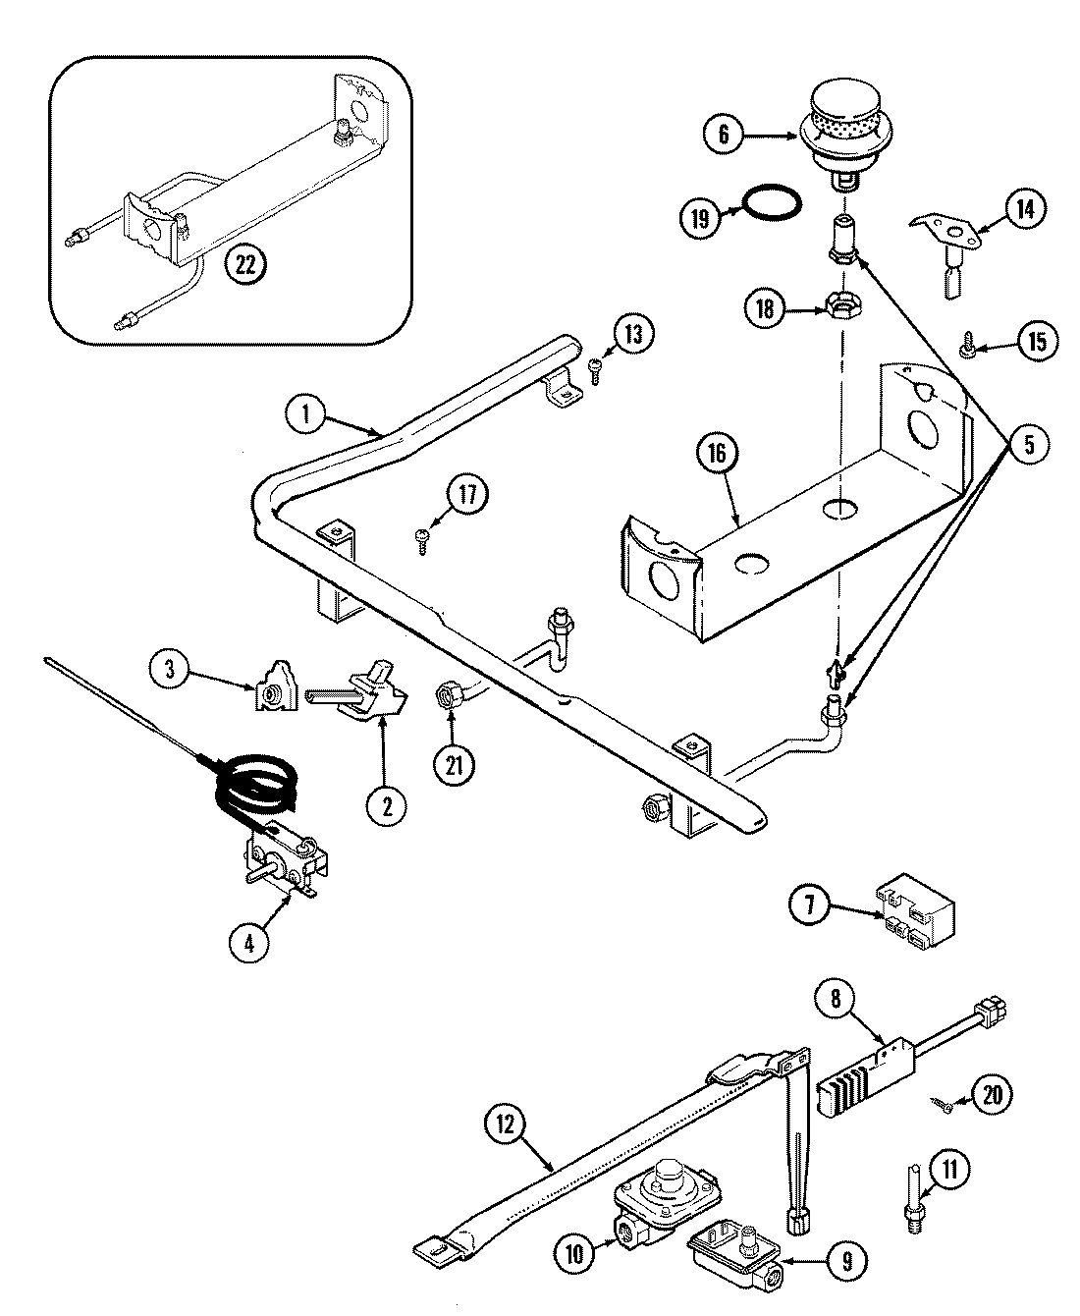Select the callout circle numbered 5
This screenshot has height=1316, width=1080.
[x=1028, y=445]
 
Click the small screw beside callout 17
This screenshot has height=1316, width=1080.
[x=421, y=537]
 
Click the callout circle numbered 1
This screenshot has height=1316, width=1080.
[x=305, y=414]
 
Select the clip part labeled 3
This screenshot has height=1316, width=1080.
[x=271, y=693]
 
